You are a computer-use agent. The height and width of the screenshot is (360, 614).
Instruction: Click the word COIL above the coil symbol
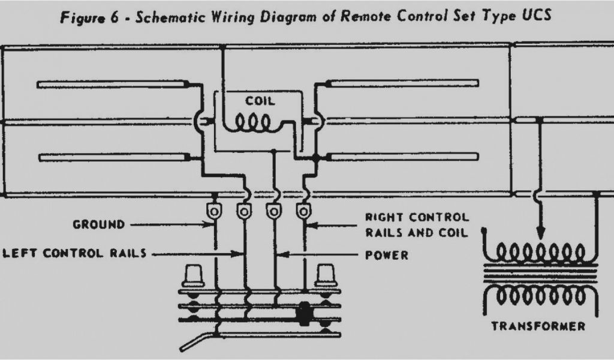tap(260, 101)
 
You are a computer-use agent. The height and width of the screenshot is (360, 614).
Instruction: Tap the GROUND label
tap(99, 224)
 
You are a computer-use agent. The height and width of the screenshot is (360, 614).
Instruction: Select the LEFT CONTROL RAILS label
tap(75, 253)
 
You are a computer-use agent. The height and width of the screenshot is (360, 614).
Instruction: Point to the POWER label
tap(387, 255)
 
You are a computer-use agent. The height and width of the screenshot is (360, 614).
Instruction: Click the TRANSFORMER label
tap(538, 326)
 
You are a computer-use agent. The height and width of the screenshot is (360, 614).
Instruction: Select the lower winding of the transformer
tap(539, 295)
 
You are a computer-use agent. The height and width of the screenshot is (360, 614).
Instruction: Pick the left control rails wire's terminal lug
tap(243, 211)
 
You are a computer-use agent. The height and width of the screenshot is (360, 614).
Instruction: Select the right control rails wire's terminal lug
tap(304, 211)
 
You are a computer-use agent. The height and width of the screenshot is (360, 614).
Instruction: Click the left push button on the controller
tap(194, 276)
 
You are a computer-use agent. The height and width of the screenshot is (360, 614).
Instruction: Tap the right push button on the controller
tap(327, 276)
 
